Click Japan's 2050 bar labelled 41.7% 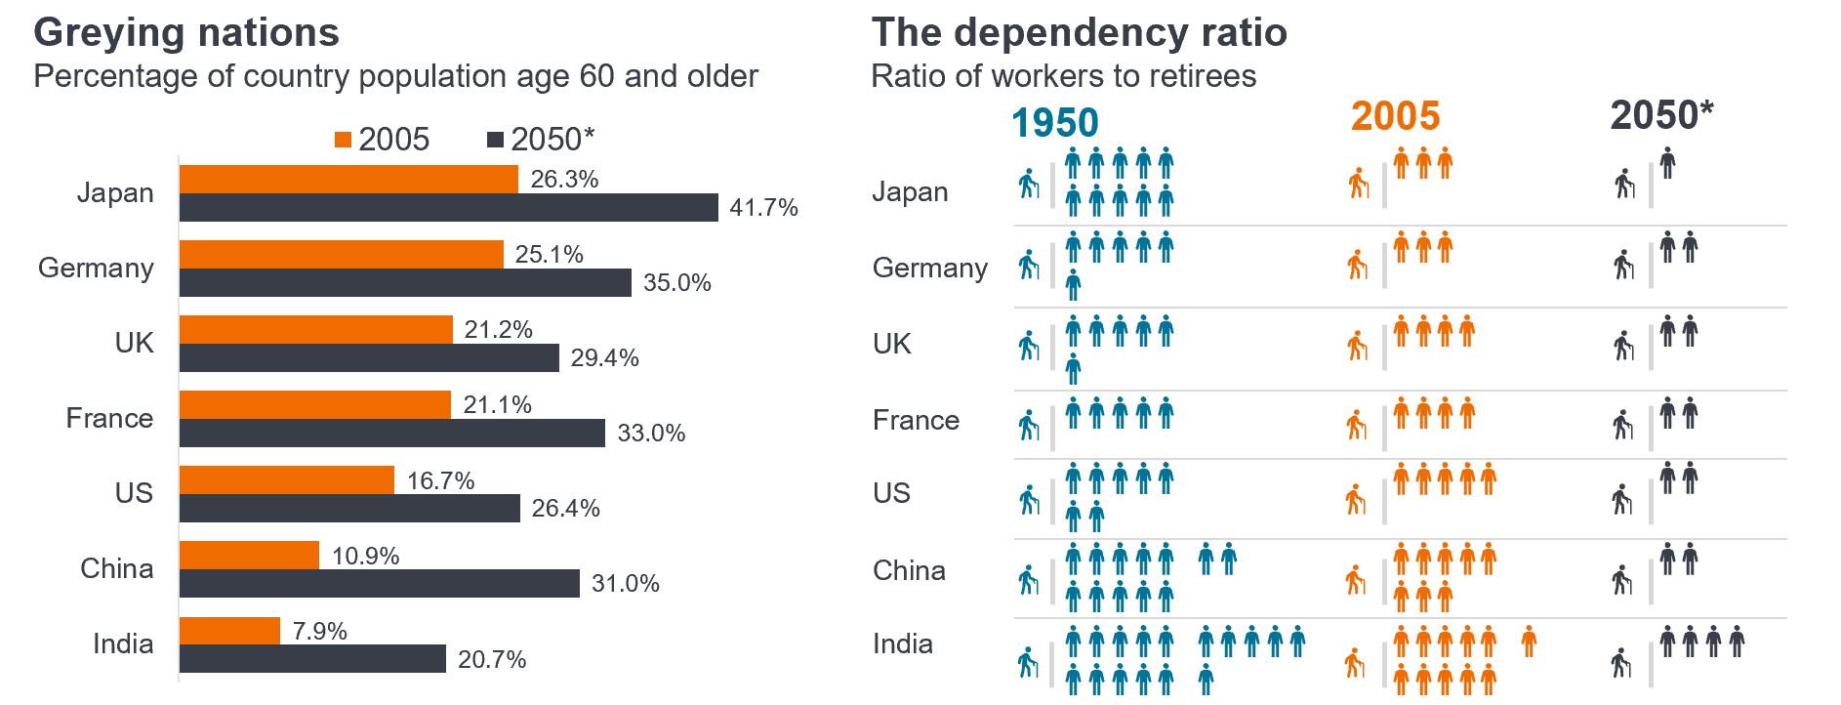point(449,207)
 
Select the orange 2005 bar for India point(229,631)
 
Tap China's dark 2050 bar point(379,583)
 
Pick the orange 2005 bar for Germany point(341,254)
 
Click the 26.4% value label point(565,508)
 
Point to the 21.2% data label point(498,329)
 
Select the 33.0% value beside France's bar point(651,433)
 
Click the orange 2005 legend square point(342,140)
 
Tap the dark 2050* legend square point(495,140)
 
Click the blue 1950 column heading point(1054,123)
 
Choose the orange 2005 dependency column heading point(1395,116)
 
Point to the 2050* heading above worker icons point(1661,115)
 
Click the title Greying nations point(186,32)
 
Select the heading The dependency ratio point(1079,32)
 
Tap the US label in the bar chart point(134,492)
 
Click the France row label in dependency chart point(916,420)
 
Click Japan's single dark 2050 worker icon point(1667,163)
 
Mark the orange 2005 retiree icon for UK point(1357,345)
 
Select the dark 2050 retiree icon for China point(1621,579)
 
